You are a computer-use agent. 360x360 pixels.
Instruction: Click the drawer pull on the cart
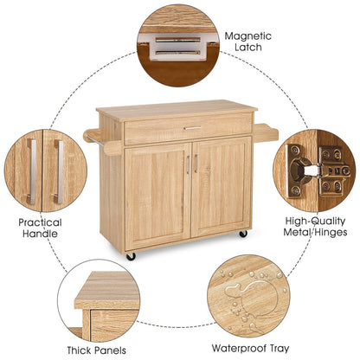tap(192, 129)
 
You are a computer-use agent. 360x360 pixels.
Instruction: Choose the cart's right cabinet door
tap(220, 192)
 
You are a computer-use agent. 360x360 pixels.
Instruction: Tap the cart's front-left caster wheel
tap(132, 256)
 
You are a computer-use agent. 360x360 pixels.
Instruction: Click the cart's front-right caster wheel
tap(243, 234)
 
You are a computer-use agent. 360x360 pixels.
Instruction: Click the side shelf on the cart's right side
tap(265, 129)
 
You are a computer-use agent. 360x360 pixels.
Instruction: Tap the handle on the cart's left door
tap(186, 164)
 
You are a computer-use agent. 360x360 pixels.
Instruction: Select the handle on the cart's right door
tap(196, 164)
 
